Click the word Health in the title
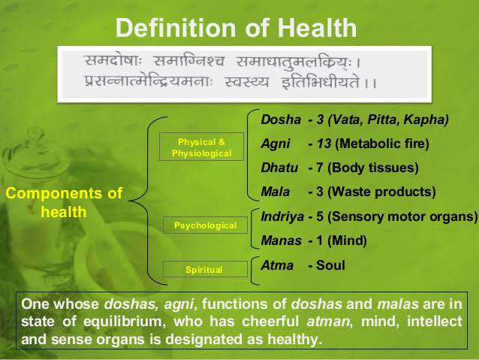pyautogui.click(x=317, y=28)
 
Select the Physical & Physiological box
pyautogui.click(x=201, y=147)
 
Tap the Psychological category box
pyautogui.click(x=205, y=225)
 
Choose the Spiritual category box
pyautogui.click(x=205, y=269)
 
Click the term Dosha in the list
pyautogui.click(x=281, y=119)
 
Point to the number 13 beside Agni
pyautogui.click(x=324, y=144)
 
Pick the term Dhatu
pyautogui.click(x=279, y=168)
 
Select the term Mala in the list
pyautogui.click(x=276, y=192)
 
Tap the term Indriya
pyautogui.click(x=282, y=216)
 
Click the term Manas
pyautogui.click(x=281, y=241)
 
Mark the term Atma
pyautogui.click(x=277, y=265)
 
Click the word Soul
pyautogui.click(x=330, y=265)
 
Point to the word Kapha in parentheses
pyautogui.click(x=426, y=119)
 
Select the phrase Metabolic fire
pyautogui.click(x=382, y=144)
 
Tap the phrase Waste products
pyautogui.click(x=381, y=192)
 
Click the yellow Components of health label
pyautogui.click(x=64, y=202)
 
